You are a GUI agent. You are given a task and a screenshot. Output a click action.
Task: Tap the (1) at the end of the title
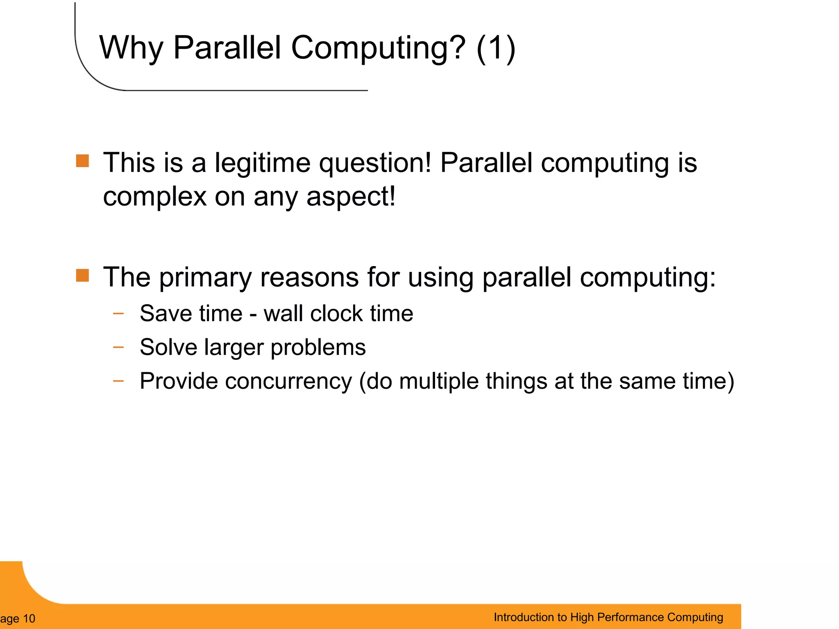point(496,48)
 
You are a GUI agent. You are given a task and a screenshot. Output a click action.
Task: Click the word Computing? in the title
point(378,48)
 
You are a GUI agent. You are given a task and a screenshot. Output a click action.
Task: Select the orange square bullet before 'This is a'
point(82,161)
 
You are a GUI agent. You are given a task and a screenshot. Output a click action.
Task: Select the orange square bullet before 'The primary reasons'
point(82,276)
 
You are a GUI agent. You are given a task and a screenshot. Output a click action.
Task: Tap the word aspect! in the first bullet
point(351,197)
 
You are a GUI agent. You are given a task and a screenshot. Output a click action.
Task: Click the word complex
point(154,197)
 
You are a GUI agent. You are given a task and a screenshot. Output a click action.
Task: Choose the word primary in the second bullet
point(205,278)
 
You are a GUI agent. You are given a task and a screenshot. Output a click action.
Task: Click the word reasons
point(309,278)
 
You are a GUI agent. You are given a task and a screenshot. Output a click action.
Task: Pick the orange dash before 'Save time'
point(118,314)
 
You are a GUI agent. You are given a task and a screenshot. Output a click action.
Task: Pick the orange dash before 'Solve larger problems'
point(118,347)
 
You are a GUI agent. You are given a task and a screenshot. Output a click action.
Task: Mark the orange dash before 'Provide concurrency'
point(118,381)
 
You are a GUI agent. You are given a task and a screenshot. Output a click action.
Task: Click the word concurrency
point(288,381)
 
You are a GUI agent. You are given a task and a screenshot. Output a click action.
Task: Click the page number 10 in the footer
point(29,618)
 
